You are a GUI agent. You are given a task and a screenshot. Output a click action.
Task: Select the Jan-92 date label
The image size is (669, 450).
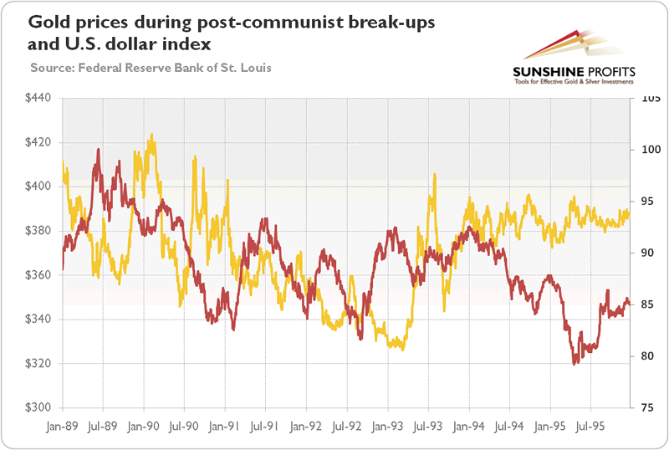[x=305, y=424]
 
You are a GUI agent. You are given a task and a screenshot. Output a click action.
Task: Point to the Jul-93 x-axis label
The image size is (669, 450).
[x=427, y=424]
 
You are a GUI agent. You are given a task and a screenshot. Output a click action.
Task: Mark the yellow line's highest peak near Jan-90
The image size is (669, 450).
[x=151, y=134]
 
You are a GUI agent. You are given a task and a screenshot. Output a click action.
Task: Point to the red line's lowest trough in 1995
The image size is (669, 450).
[x=575, y=364]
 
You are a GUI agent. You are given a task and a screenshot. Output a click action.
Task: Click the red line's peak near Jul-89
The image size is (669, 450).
[x=99, y=150]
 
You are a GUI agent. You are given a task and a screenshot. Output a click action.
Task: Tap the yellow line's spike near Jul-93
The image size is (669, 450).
[x=435, y=175]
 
